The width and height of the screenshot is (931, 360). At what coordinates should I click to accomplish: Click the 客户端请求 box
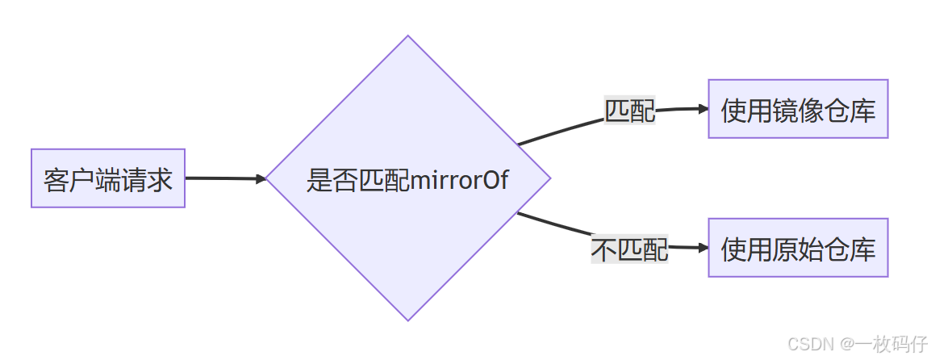click(x=108, y=178)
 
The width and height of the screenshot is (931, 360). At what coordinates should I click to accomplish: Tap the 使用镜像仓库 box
click(x=798, y=109)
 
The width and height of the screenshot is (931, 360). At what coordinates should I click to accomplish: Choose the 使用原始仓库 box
click(x=798, y=248)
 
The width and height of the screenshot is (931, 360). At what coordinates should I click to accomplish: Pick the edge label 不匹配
click(x=630, y=249)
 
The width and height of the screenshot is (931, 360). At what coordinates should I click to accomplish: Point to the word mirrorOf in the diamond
click(x=459, y=179)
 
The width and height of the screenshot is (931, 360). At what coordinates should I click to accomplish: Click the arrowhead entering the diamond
click(x=261, y=179)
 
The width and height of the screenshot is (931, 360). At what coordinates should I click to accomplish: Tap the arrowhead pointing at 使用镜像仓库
click(x=703, y=108)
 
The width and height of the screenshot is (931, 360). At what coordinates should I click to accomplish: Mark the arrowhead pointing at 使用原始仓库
click(x=703, y=248)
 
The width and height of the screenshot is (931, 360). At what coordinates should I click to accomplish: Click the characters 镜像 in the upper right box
click(x=798, y=110)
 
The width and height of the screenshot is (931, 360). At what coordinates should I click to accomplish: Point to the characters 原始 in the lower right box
click(x=798, y=249)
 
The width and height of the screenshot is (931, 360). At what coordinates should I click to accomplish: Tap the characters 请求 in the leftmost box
click(x=147, y=179)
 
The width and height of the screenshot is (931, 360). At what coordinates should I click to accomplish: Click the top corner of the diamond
click(x=407, y=37)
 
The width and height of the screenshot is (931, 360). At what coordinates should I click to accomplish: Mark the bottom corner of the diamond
click(x=407, y=320)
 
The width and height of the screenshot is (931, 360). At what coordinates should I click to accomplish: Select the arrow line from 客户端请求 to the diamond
click(x=222, y=178)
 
